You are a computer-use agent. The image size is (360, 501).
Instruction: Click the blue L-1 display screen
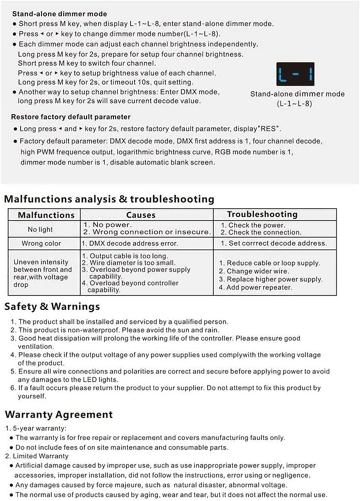click(295, 73)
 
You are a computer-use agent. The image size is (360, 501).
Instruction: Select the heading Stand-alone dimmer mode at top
click(59, 14)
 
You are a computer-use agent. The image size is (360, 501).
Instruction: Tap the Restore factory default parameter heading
click(70, 117)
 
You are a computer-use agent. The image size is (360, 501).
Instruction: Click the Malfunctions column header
click(46, 215)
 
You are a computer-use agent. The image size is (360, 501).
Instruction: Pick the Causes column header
click(141, 215)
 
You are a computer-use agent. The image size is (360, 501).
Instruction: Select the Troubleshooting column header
click(262, 214)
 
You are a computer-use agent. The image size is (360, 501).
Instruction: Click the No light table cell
click(40, 230)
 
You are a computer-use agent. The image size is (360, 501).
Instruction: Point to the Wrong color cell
click(41, 244)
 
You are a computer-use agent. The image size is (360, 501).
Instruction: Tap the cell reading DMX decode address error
click(133, 244)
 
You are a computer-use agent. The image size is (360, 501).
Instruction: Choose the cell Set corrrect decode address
click(273, 243)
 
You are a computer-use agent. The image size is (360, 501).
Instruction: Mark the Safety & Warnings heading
click(52, 306)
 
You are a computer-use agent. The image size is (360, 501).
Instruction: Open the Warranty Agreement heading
click(59, 414)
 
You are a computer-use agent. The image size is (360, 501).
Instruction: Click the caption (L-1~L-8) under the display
click(294, 104)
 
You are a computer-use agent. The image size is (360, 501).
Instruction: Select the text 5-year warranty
click(39, 429)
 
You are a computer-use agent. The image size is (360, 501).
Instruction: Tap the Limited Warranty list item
click(40, 456)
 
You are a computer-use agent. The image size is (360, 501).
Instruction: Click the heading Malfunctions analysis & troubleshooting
click(109, 199)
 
